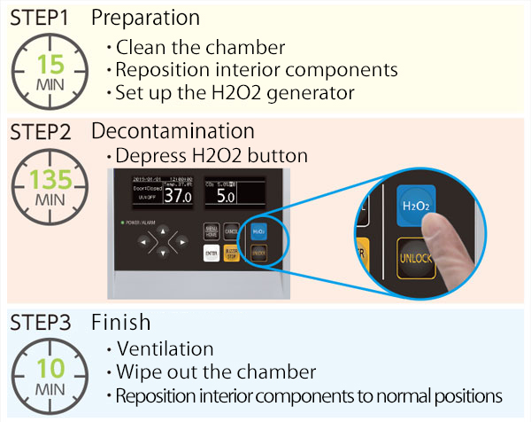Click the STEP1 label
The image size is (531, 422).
(42, 17)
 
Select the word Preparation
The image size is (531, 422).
(145, 17)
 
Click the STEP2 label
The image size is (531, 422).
(42, 131)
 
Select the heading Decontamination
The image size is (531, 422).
(173, 131)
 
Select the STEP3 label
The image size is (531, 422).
(42, 321)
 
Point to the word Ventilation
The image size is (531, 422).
(165, 349)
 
